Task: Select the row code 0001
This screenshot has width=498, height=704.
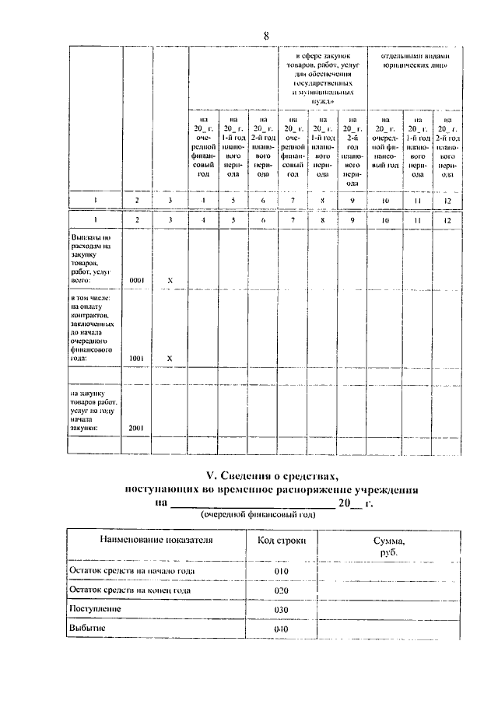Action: coord(137,278)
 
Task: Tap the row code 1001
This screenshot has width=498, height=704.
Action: coord(137,358)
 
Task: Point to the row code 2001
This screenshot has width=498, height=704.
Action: coord(137,428)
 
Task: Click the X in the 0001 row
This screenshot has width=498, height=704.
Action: coord(170,278)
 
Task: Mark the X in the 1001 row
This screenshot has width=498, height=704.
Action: coord(170,358)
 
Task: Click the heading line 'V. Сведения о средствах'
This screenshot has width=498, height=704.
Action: coord(272,476)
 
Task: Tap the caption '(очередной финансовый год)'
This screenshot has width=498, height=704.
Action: coord(258,515)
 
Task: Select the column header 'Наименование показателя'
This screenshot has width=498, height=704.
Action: coord(155,539)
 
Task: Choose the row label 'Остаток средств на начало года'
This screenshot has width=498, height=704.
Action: coord(132,571)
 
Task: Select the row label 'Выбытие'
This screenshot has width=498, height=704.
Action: coord(87,627)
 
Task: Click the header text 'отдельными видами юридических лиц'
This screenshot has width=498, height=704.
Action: coord(412,61)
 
